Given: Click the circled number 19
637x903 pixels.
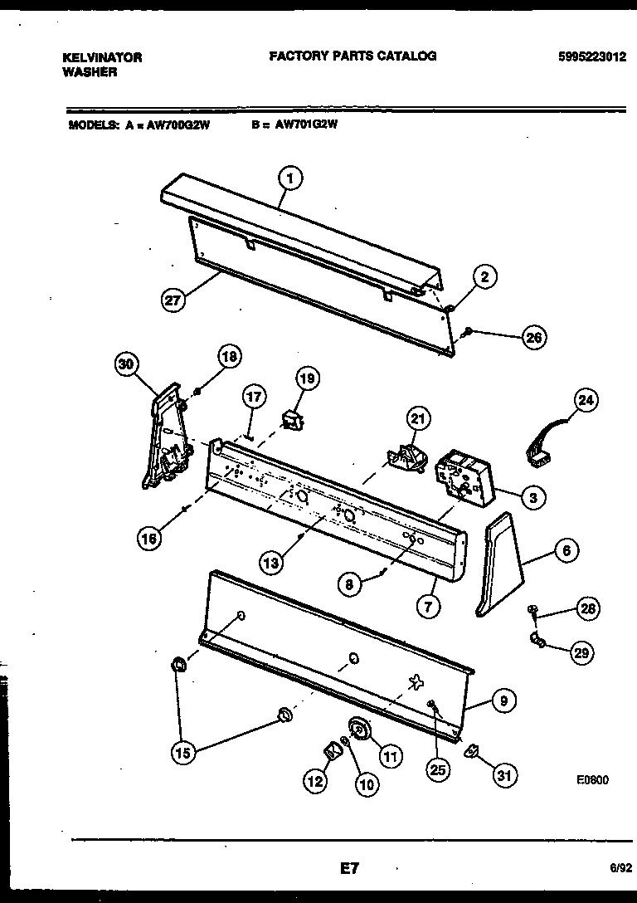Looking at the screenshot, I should coord(307,379).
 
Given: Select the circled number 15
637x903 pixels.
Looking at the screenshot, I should coord(184,753).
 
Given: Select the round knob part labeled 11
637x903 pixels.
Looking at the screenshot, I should coord(359,728).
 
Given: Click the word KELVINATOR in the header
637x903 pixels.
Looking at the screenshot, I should coord(102,57).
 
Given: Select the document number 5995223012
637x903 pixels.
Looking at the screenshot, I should coord(591,57).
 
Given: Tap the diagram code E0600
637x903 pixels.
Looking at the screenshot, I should coord(592,780).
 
